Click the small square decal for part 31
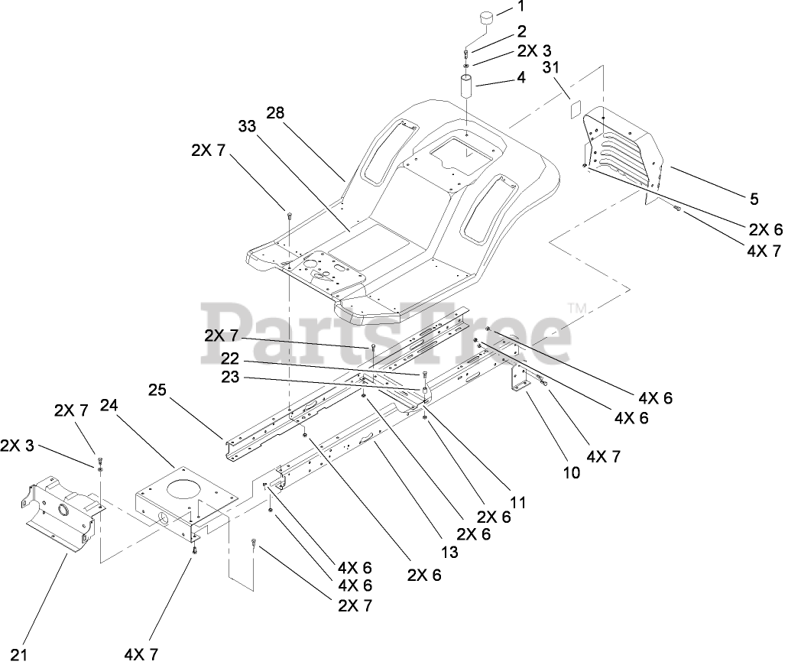575,109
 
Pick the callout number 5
754,199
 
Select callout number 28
275,113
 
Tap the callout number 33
247,127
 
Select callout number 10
572,473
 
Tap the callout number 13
450,553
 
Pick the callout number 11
518,503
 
